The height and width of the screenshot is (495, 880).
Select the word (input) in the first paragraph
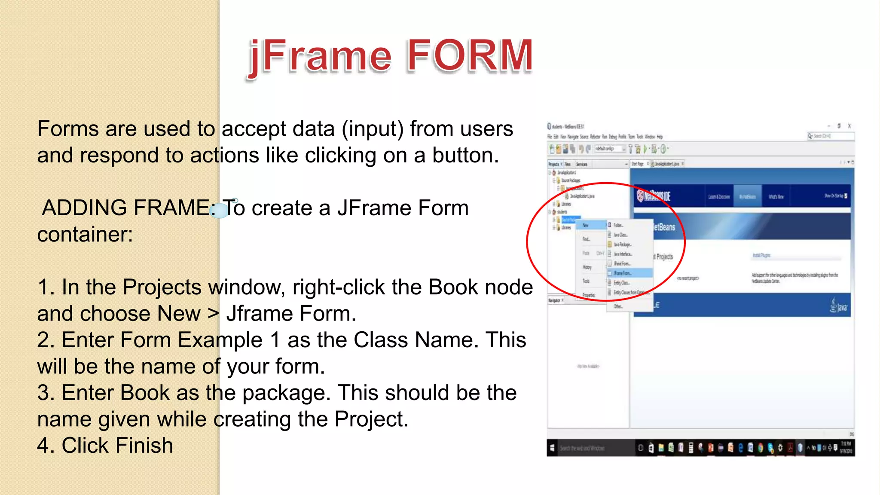click(373, 129)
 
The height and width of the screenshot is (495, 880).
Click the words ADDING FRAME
click(126, 208)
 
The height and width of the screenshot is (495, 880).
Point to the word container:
click(85, 235)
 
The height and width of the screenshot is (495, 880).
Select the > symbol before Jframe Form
click(213, 314)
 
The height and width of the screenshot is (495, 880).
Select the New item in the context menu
click(586, 225)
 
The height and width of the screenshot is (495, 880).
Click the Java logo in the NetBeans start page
click(838, 306)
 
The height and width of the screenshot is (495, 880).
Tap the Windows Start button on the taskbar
click(552, 448)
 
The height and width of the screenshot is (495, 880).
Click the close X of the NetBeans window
click(849, 126)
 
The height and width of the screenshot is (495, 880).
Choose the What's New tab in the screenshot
click(776, 197)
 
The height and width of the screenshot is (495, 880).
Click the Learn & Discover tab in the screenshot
click(719, 197)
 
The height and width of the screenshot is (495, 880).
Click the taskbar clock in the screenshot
click(846, 447)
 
